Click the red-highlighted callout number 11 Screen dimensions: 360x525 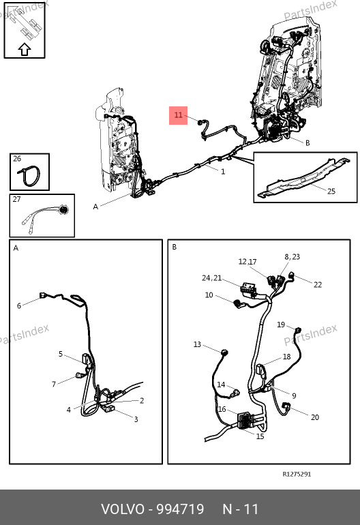(x=178, y=115)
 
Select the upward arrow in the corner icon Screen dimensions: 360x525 (x=25, y=49)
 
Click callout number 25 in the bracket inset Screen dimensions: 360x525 (x=331, y=191)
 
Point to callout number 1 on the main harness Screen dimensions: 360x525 (x=223, y=171)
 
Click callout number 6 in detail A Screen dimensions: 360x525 (x=19, y=305)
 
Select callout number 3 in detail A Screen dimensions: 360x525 (x=136, y=419)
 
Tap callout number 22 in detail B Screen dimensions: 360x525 (x=318, y=284)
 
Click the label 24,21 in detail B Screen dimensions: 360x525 (x=211, y=278)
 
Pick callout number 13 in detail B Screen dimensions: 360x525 (x=197, y=344)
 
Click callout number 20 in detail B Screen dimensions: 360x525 (x=315, y=417)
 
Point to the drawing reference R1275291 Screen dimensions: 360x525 (x=297, y=474)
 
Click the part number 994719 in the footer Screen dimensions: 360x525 (x=181, y=509)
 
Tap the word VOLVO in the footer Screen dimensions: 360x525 (x=123, y=509)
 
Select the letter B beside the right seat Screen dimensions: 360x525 (x=307, y=142)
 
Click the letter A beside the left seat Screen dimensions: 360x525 (x=95, y=207)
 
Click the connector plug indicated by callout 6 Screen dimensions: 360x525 (x=43, y=295)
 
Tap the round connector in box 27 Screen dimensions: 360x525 (x=63, y=210)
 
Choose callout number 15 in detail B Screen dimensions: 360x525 (x=260, y=436)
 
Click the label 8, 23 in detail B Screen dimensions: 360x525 (x=292, y=257)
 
